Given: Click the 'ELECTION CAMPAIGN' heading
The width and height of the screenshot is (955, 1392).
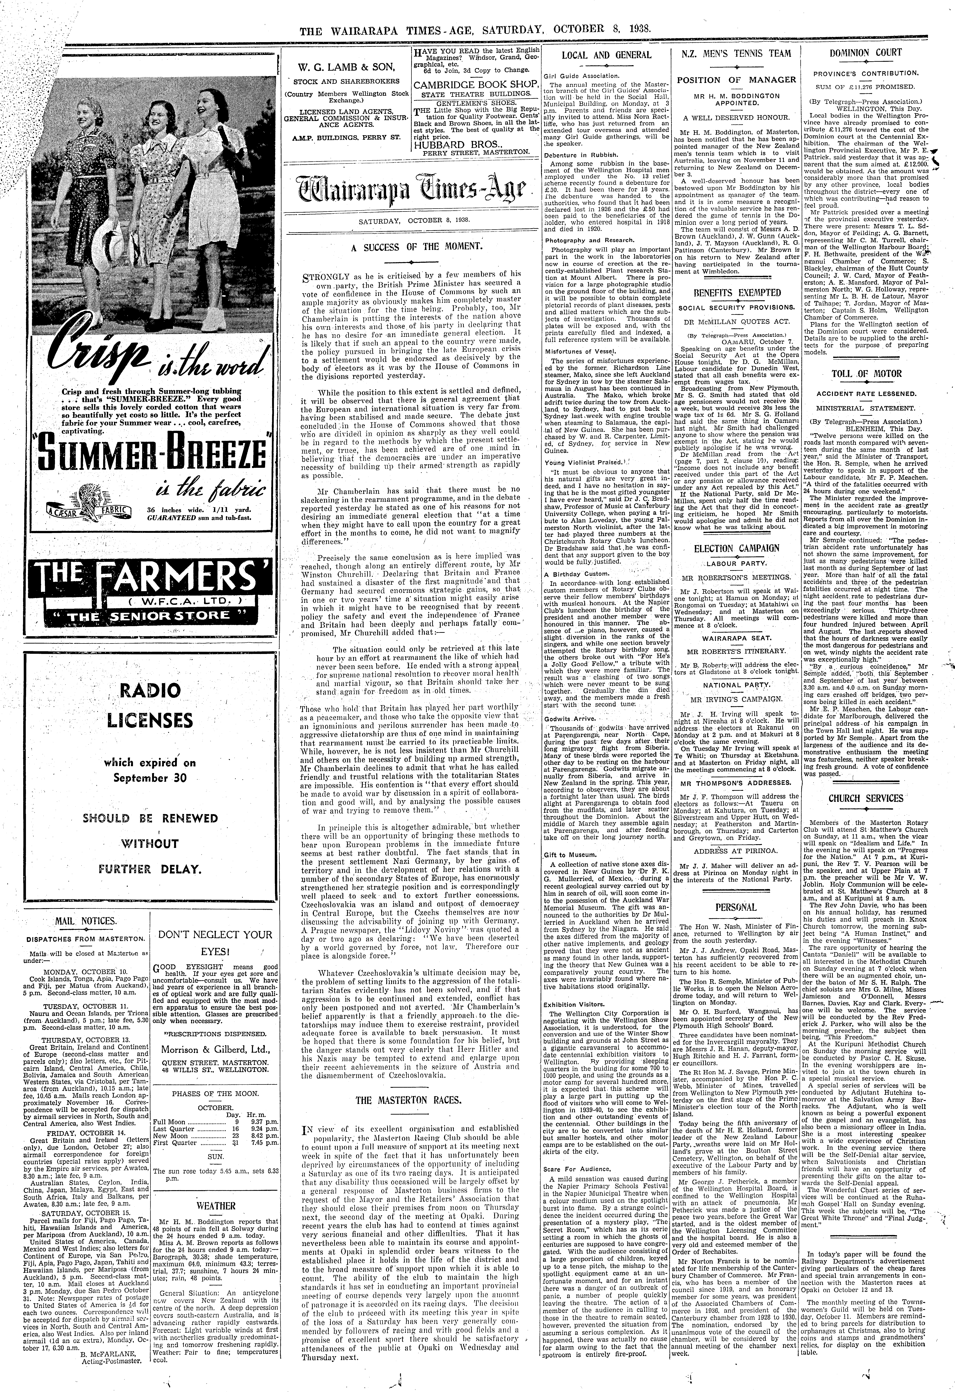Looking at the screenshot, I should [736, 548].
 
